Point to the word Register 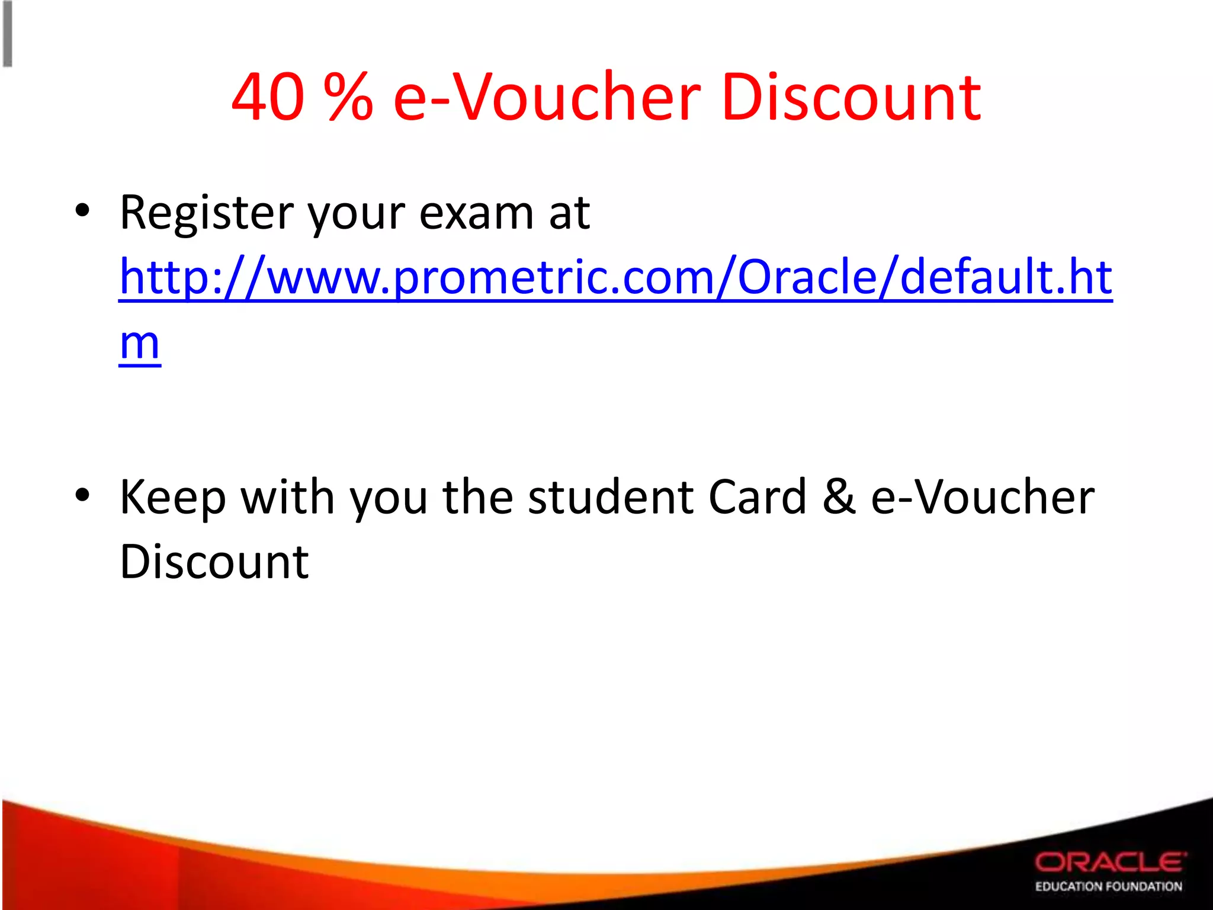pyautogui.click(x=207, y=213)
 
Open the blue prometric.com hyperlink pyautogui.click(x=615, y=277)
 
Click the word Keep pyautogui.click(x=172, y=498)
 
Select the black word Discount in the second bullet pyautogui.click(x=214, y=562)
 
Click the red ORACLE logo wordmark pyautogui.click(x=1110, y=863)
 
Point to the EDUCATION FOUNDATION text pyautogui.click(x=1108, y=886)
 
